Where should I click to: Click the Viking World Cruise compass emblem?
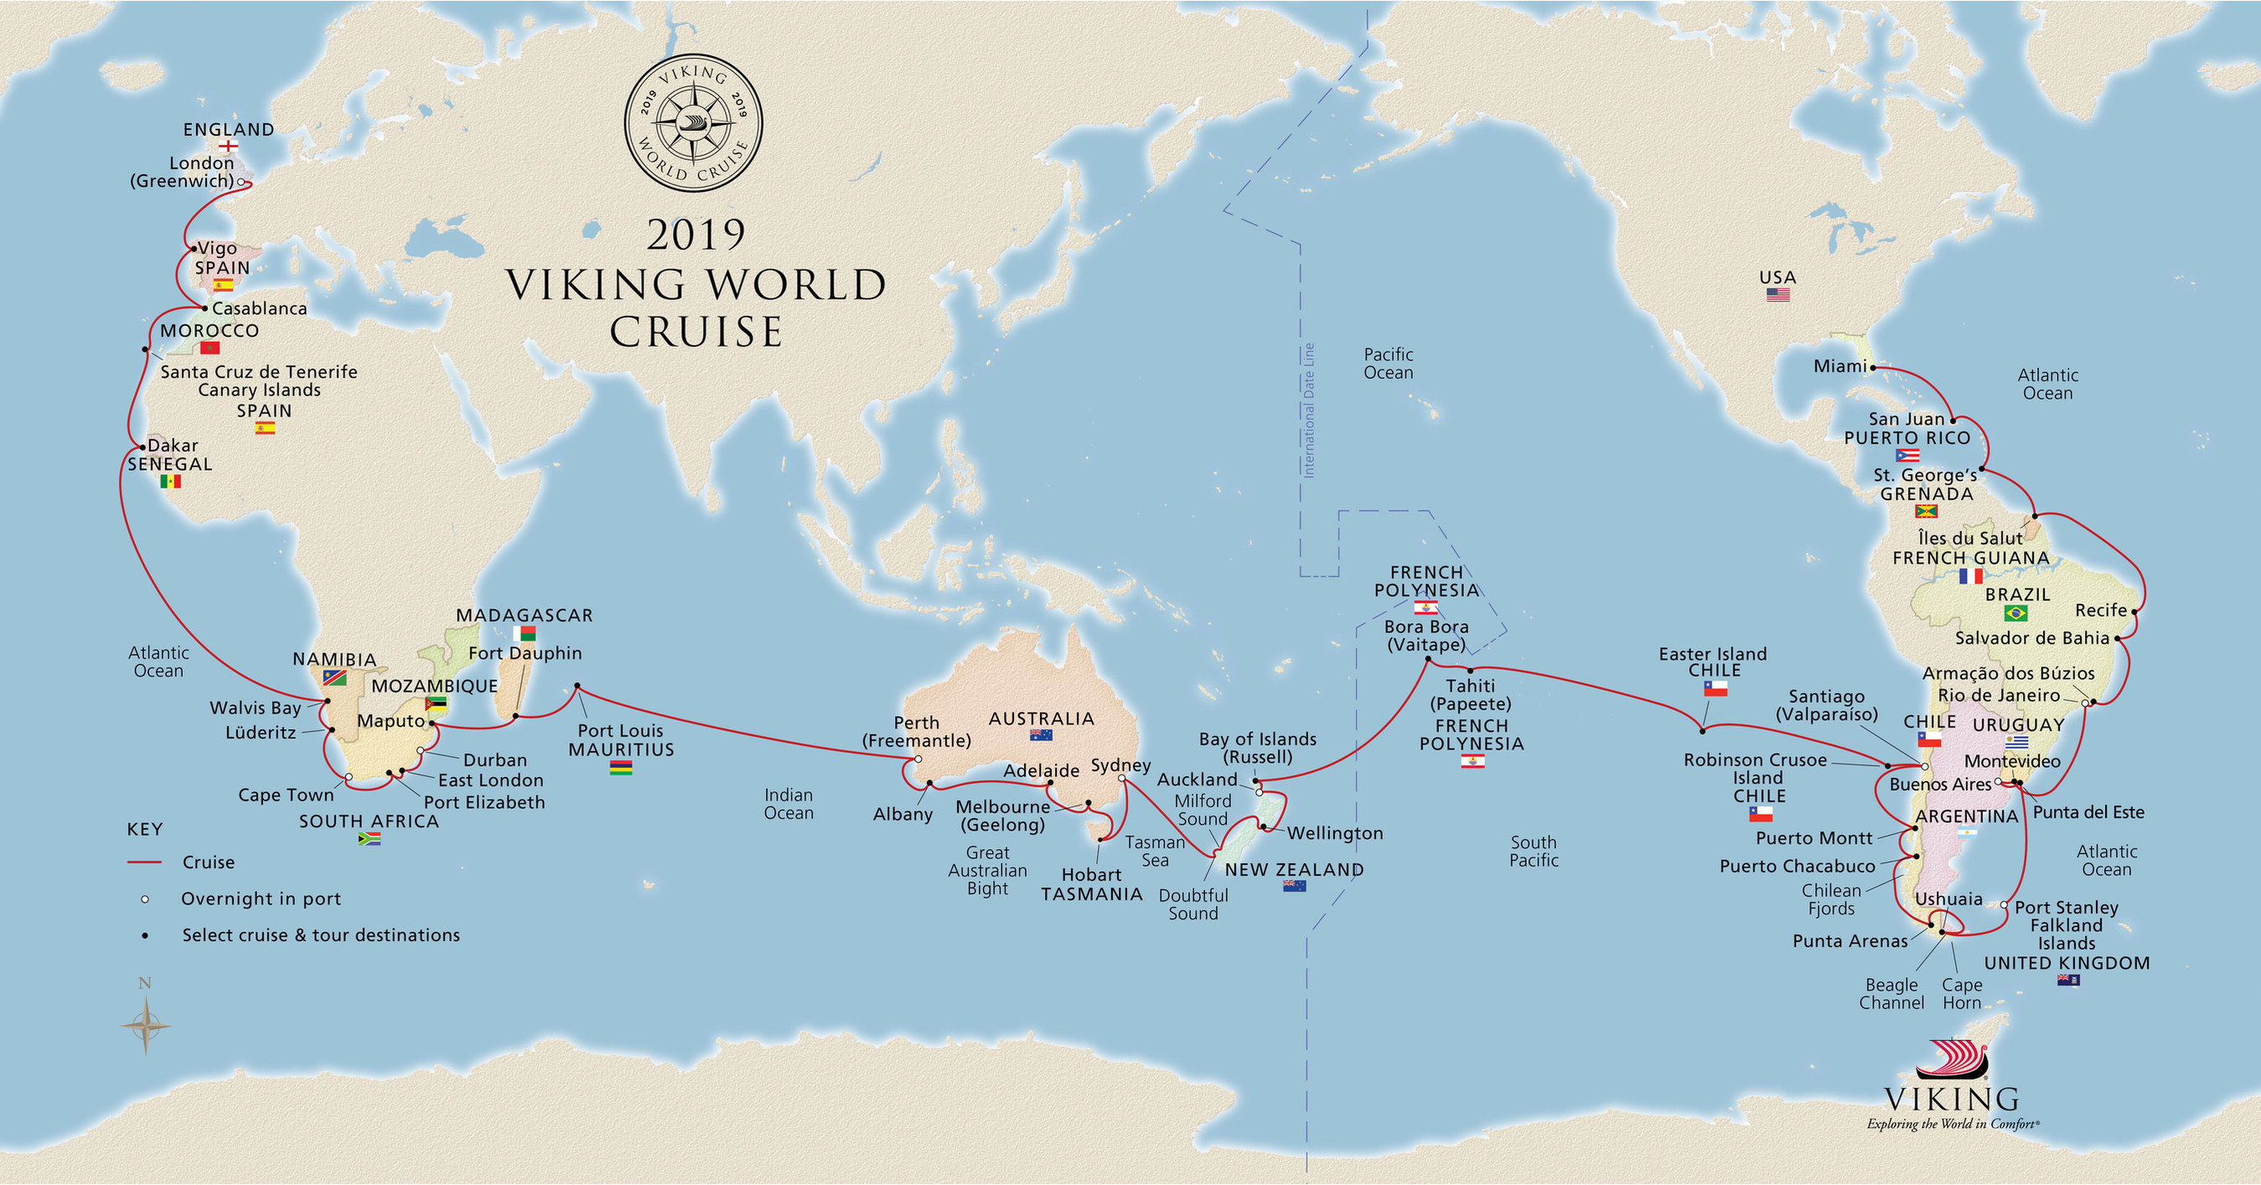pos(693,123)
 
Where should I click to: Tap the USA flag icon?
pos(1777,295)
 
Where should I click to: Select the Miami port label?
pos(1839,366)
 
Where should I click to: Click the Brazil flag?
pos(2015,613)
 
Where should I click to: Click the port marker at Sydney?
pos(1122,778)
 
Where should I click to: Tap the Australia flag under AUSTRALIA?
pos(1041,736)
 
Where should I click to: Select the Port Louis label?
pos(619,730)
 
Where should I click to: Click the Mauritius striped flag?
pos(620,768)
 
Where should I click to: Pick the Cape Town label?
pos(286,794)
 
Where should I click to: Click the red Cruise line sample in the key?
pos(145,862)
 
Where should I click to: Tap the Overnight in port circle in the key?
pos(145,899)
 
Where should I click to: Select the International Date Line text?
pos(1309,410)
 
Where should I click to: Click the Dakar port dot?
pos(142,448)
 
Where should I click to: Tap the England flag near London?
pos(228,147)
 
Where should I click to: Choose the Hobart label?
pos(1091,874)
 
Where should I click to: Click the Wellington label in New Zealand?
pos(1334,833)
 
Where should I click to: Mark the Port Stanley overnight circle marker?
pos(2004,904)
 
